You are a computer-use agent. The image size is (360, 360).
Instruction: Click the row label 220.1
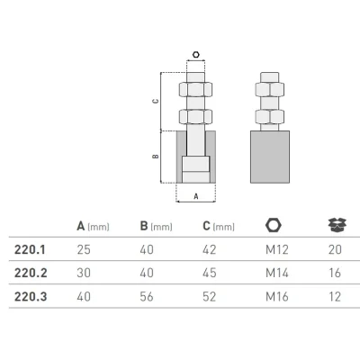[x=30, y=249]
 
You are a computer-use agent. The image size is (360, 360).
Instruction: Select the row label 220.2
[x=31, y=273]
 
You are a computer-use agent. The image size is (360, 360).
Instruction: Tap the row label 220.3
[x=31, y=297]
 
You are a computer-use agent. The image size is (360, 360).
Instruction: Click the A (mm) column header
[x=93, y=226]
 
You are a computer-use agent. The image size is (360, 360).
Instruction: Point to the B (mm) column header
[x=156, y=226]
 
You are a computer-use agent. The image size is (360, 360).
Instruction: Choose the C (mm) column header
[x=219, y=226]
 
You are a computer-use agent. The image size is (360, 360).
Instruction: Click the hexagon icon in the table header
[x=274, y=225]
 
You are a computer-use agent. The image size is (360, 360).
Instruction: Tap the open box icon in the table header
[x=337, y=225]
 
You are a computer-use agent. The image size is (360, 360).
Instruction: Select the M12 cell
[x=277, y=249]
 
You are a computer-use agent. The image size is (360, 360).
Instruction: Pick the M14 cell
[x=277, y=273]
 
